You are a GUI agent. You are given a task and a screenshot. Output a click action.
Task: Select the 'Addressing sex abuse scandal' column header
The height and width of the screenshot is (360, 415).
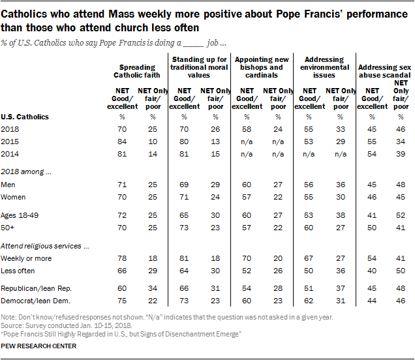coord(386,70)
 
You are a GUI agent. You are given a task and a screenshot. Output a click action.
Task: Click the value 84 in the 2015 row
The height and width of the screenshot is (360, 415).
coord(120,142)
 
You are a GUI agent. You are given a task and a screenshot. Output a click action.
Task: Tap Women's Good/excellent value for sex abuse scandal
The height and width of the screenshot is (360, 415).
coord(372,196)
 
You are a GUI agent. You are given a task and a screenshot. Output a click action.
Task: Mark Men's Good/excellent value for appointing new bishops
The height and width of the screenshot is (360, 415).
coord(247,185)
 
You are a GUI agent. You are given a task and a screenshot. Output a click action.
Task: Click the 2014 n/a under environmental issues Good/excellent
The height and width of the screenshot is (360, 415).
coord(310,153)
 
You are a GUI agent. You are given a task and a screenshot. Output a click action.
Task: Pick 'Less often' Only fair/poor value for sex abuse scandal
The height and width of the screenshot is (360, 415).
coord(401,270)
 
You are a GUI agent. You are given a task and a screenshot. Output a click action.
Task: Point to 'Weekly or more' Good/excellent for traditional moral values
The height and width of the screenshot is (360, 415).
coord(184,259)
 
